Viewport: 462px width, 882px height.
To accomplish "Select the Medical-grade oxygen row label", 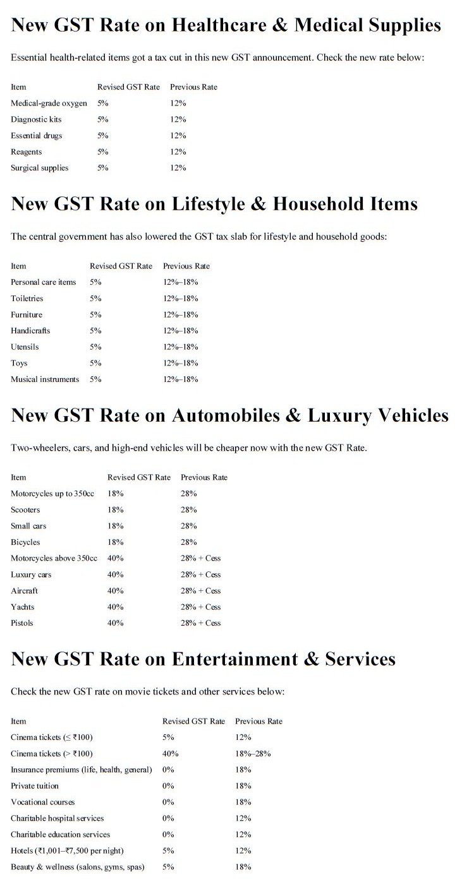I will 49,103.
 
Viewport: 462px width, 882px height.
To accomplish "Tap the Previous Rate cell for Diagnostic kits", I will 178,119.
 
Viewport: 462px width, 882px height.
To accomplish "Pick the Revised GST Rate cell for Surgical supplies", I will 103,168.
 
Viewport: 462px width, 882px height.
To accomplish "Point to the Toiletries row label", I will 27,299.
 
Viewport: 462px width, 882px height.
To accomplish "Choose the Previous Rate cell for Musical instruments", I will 181,379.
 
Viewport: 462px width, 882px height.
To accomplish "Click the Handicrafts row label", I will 30,331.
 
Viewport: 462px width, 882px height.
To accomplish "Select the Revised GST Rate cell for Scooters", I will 116,510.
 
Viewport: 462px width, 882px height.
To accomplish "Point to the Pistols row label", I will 22,623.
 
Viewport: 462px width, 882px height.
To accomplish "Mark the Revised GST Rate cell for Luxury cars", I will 116,575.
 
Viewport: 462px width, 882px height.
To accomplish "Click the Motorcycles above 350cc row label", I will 54,559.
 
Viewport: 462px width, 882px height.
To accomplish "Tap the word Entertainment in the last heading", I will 238,660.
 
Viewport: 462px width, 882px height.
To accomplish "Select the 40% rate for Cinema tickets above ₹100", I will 171,754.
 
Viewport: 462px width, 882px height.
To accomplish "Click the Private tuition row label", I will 35,786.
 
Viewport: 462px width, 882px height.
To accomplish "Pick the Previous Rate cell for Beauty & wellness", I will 243,867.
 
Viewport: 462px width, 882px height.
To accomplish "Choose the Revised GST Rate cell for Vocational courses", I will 168,802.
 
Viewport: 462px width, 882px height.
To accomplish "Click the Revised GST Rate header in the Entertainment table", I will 193,722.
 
